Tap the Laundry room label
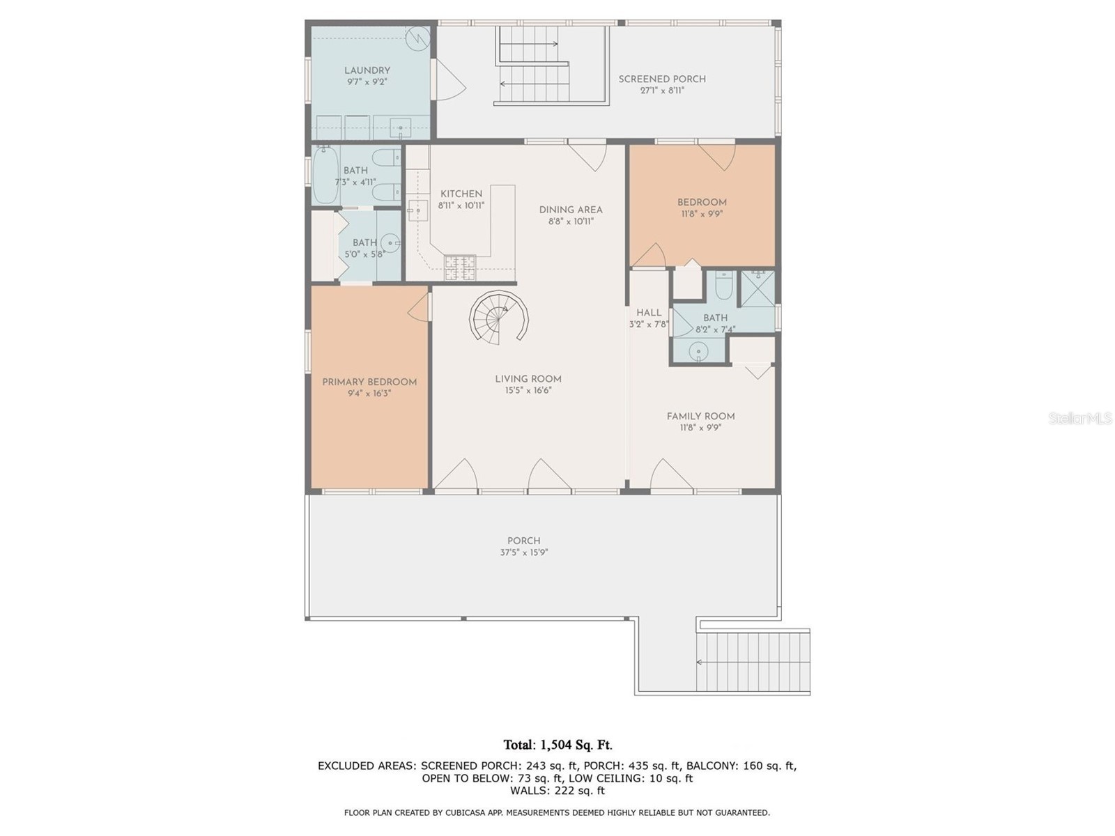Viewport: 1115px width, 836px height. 367,70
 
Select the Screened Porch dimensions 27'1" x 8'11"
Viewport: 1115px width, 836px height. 661,91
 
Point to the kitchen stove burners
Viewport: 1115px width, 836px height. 460,264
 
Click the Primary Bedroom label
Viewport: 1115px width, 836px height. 369,382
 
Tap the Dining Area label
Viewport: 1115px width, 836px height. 570,210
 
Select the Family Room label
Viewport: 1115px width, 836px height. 700,417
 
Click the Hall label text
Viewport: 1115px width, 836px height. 649,313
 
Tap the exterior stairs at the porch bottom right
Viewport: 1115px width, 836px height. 754,660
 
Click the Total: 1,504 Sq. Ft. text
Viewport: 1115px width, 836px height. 557,745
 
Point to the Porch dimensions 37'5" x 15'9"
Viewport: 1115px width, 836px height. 523,552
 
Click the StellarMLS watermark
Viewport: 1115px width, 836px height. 1079,419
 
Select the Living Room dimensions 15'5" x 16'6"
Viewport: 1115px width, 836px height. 528,391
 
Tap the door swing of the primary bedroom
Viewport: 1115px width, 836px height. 418,307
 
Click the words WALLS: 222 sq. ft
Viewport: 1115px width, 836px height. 557,791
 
